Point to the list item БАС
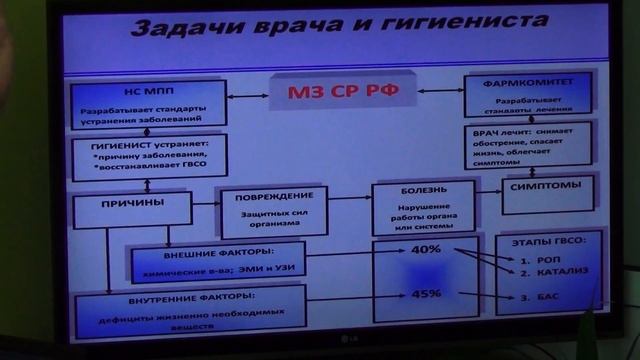tap(534, 298)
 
